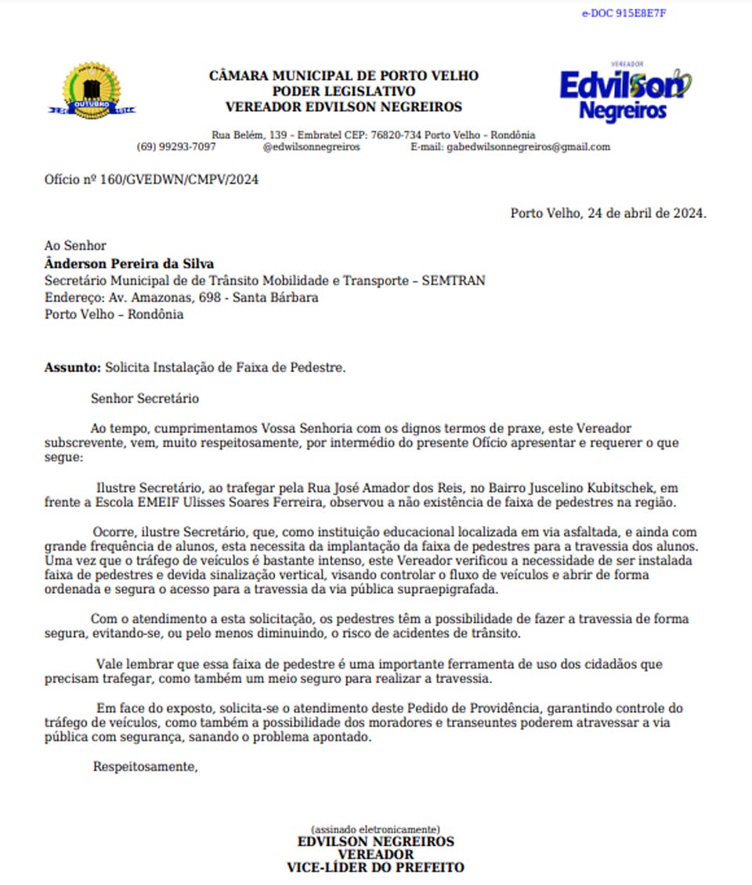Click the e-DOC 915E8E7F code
coord(624,13)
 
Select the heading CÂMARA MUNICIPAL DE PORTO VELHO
coord(344,76)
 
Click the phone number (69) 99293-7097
coord(176,146)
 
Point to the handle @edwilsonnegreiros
coord(312,146)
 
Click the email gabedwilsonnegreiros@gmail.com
coord(528,146)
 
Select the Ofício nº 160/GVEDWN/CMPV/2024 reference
coord(151,179)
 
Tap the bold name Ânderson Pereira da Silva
coord(129,263)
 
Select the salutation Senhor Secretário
coord(145,399)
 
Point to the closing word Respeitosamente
coord(145,766)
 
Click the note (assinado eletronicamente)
coord(375,829)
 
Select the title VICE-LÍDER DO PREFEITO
coord(375,867)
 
